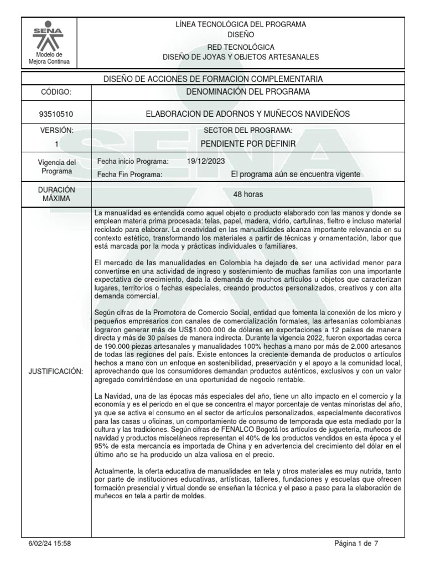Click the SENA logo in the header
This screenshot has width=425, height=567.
49,37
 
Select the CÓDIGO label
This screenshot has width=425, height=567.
56,92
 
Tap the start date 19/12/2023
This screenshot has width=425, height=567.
206,161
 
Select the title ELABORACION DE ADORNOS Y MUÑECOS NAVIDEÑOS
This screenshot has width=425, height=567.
247,114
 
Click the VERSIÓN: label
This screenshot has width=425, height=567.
56,130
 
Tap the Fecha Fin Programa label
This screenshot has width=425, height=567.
129,174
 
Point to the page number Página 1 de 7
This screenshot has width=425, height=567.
356,544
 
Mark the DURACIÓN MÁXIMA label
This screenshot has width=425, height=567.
56,194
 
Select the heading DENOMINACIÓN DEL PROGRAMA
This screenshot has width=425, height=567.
247,91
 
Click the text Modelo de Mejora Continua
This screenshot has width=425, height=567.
49,58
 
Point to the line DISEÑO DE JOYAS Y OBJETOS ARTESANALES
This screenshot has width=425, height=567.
241,57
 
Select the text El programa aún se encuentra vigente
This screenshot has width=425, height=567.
296,174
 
